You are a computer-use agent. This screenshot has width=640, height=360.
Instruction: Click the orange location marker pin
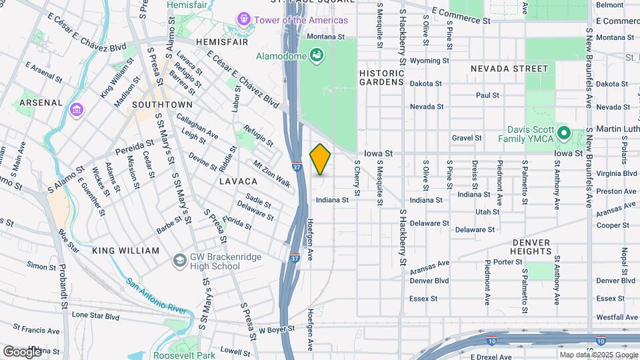[x=320, y=159]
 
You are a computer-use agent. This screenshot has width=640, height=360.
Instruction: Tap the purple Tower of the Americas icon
[x=243, y=20]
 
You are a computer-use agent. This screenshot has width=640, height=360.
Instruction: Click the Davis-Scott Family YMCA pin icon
[x=563, y=133]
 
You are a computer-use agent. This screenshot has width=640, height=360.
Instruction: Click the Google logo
[x=22, y=351]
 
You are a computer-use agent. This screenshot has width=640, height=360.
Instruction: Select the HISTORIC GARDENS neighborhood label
[x=381, y=77]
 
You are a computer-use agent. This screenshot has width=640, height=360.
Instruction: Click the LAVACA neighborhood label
[x=238, y=181]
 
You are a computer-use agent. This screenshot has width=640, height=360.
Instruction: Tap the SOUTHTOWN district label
[x=162, y=105]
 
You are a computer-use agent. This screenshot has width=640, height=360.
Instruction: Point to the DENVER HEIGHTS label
[x=531, y=247]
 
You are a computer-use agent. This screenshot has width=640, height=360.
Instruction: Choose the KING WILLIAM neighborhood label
[x=126, y=251]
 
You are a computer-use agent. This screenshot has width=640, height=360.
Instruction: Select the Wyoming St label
[x=426, y=61]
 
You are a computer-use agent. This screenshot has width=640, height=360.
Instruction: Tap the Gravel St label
[x=467, y=138]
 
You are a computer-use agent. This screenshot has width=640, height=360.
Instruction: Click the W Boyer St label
[x=277, y=330]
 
